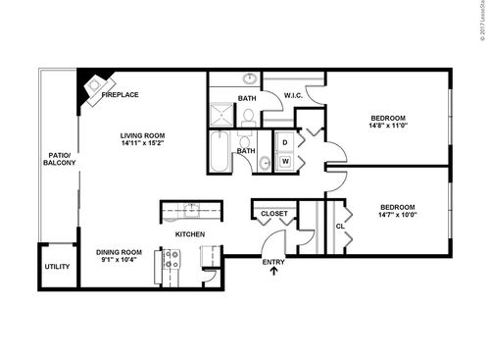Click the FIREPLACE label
(120, 95)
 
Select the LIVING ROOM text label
(143, 135)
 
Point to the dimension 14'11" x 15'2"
(143, 144)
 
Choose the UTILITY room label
(58, 267)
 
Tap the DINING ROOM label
(119, 252)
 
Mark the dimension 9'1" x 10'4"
(119, 261)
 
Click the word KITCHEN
(189, 234)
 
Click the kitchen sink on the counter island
(192, 210)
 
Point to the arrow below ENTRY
(273, 274)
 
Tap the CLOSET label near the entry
(274, 213)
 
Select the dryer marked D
(285, 142)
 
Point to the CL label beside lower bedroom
(340, 226)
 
